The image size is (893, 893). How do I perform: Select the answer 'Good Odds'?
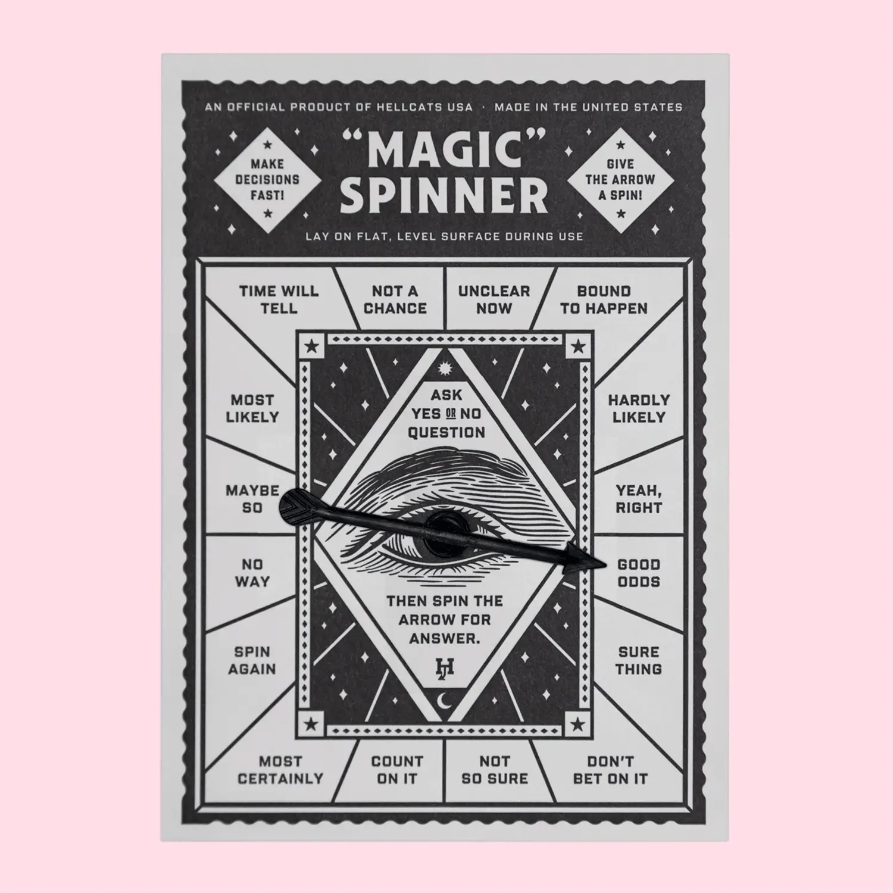638,573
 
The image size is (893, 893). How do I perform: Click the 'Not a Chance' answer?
395,299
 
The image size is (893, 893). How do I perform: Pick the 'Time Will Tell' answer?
279,299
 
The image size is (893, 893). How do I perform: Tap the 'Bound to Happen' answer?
604,299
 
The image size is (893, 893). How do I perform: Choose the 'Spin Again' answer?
252,660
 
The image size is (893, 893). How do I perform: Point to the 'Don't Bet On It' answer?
610,770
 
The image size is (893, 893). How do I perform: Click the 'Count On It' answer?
396,770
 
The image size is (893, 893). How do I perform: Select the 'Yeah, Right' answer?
638,499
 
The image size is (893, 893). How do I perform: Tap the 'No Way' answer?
252,573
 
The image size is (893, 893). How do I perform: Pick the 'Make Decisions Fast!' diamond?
267,179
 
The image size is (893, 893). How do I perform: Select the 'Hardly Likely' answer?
638,408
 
